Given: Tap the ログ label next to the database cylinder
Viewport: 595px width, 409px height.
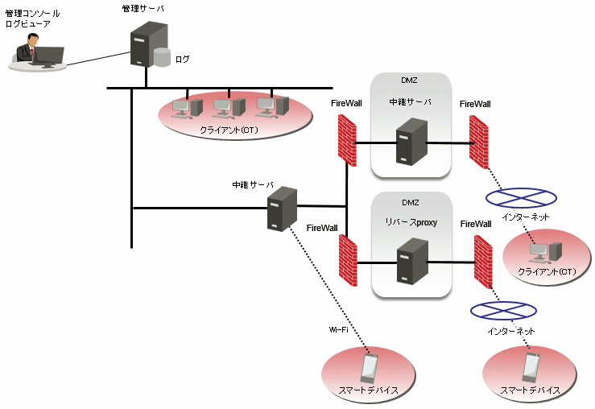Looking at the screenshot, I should [x=184, y=59].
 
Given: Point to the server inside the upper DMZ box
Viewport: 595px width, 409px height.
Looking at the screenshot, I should [x=410, y=140].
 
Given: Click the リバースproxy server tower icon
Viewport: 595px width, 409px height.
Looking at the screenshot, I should [x=410, y=261].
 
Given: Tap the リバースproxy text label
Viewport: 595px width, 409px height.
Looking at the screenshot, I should [x=411, y=222].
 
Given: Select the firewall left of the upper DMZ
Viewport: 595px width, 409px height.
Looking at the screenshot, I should [x=348, y=138].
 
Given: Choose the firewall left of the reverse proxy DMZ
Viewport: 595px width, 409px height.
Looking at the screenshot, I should [x=348, y=259].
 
